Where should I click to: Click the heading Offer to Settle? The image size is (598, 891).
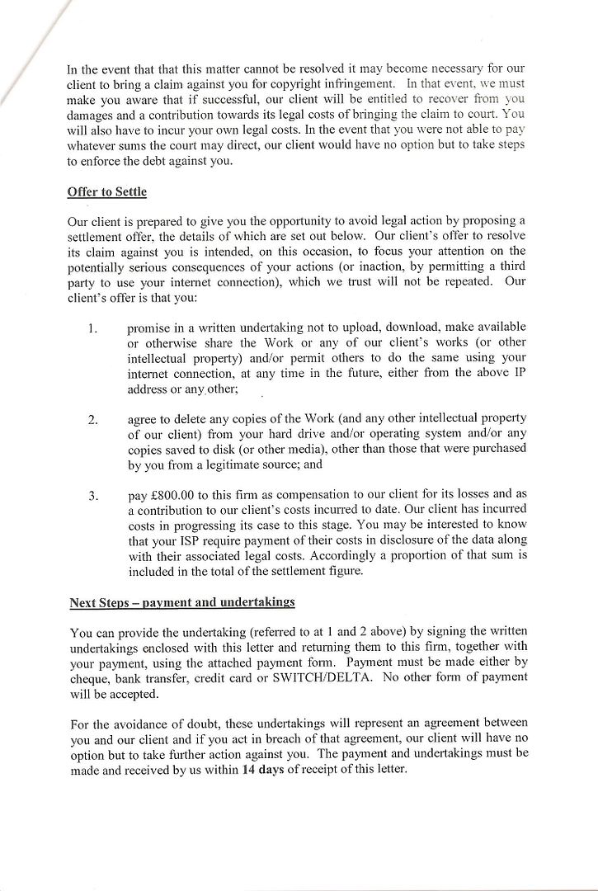tap(106, 192)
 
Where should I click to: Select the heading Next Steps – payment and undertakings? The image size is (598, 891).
tap(181, 603)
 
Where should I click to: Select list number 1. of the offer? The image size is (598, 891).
tap(93, 328)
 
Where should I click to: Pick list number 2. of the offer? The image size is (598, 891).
tap(93, 420)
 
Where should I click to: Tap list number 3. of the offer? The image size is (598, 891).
tap(93, 496)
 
